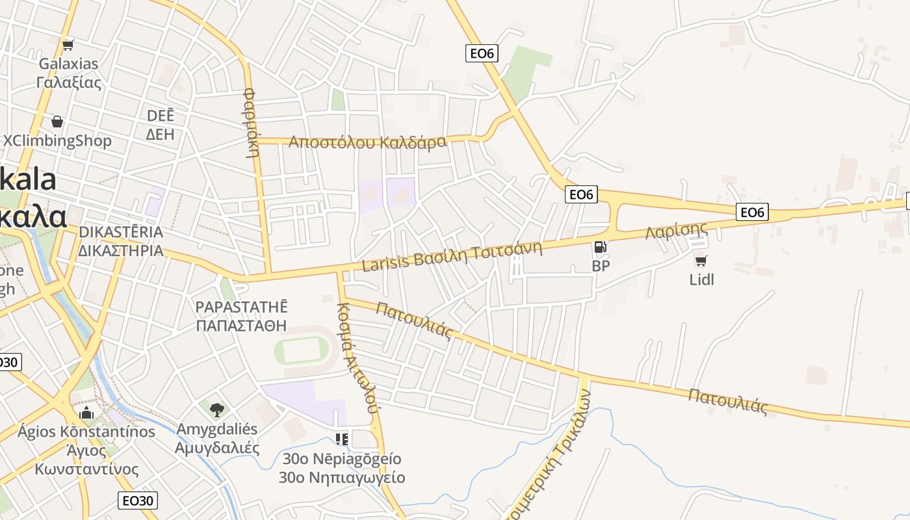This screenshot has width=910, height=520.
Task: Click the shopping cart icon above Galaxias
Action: click(x=68, y=45)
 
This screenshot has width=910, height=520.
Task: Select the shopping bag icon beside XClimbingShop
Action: click(x=57, y=122)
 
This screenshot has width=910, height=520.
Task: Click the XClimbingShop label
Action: click(x=57, y=140)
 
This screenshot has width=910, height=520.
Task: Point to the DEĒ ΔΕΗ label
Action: click(x=160, y=125)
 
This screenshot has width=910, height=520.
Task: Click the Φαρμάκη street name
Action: click(x=252, y=123)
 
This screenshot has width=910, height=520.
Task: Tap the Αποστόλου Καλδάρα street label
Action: click(x=368, y=142)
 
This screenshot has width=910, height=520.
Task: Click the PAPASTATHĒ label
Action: click(x=242, y=315)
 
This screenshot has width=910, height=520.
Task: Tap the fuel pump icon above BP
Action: click(x=601, y=247)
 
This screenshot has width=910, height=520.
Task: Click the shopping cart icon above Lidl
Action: click(x=701, y=261)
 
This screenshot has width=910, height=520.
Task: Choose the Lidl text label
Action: click(x=702, y=279)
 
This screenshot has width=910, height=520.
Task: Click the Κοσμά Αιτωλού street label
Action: click(x=357, y=357)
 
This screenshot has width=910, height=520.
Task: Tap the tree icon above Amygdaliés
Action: click(x=217, y=409)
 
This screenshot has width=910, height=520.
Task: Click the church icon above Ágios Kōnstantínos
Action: click(x=86, y=413)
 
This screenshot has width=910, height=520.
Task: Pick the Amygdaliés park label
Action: click(x=216, y=438)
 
